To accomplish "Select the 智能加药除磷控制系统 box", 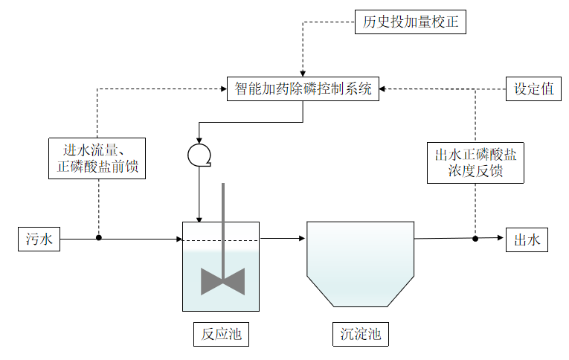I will click(303, 89).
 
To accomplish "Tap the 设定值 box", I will click(533, 89).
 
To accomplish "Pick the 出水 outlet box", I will click(527, 240).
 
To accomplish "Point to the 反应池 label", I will click(221, 335).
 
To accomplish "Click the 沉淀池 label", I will click(360, 335).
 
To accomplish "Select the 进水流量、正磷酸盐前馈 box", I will click(97, 158).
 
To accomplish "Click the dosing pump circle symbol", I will click(199, 154).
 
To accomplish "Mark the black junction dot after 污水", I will click(99, 238).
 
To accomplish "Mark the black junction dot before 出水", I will click(475, 238).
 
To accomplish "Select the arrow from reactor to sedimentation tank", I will click(283, 239).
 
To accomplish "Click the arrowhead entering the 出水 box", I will click(502, 238).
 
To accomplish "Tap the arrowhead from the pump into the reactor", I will click(199, 218).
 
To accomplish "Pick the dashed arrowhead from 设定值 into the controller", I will click(385, 89).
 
